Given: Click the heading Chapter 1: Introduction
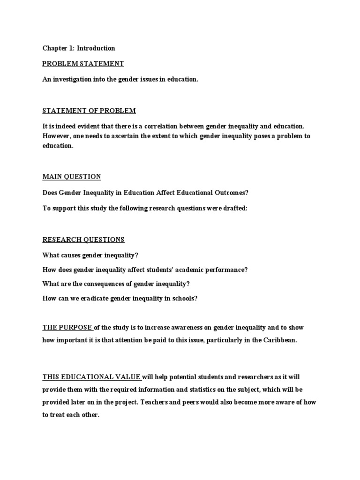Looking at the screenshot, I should tap(79, 48).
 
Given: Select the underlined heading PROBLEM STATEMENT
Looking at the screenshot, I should tap(83, 64).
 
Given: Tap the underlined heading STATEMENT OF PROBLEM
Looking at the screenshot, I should tap(89, 111).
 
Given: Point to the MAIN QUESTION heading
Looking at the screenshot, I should tap(72, 177).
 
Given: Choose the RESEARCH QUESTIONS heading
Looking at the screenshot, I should tap(83, 240).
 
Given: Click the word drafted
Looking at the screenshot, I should tap(236, 208).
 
